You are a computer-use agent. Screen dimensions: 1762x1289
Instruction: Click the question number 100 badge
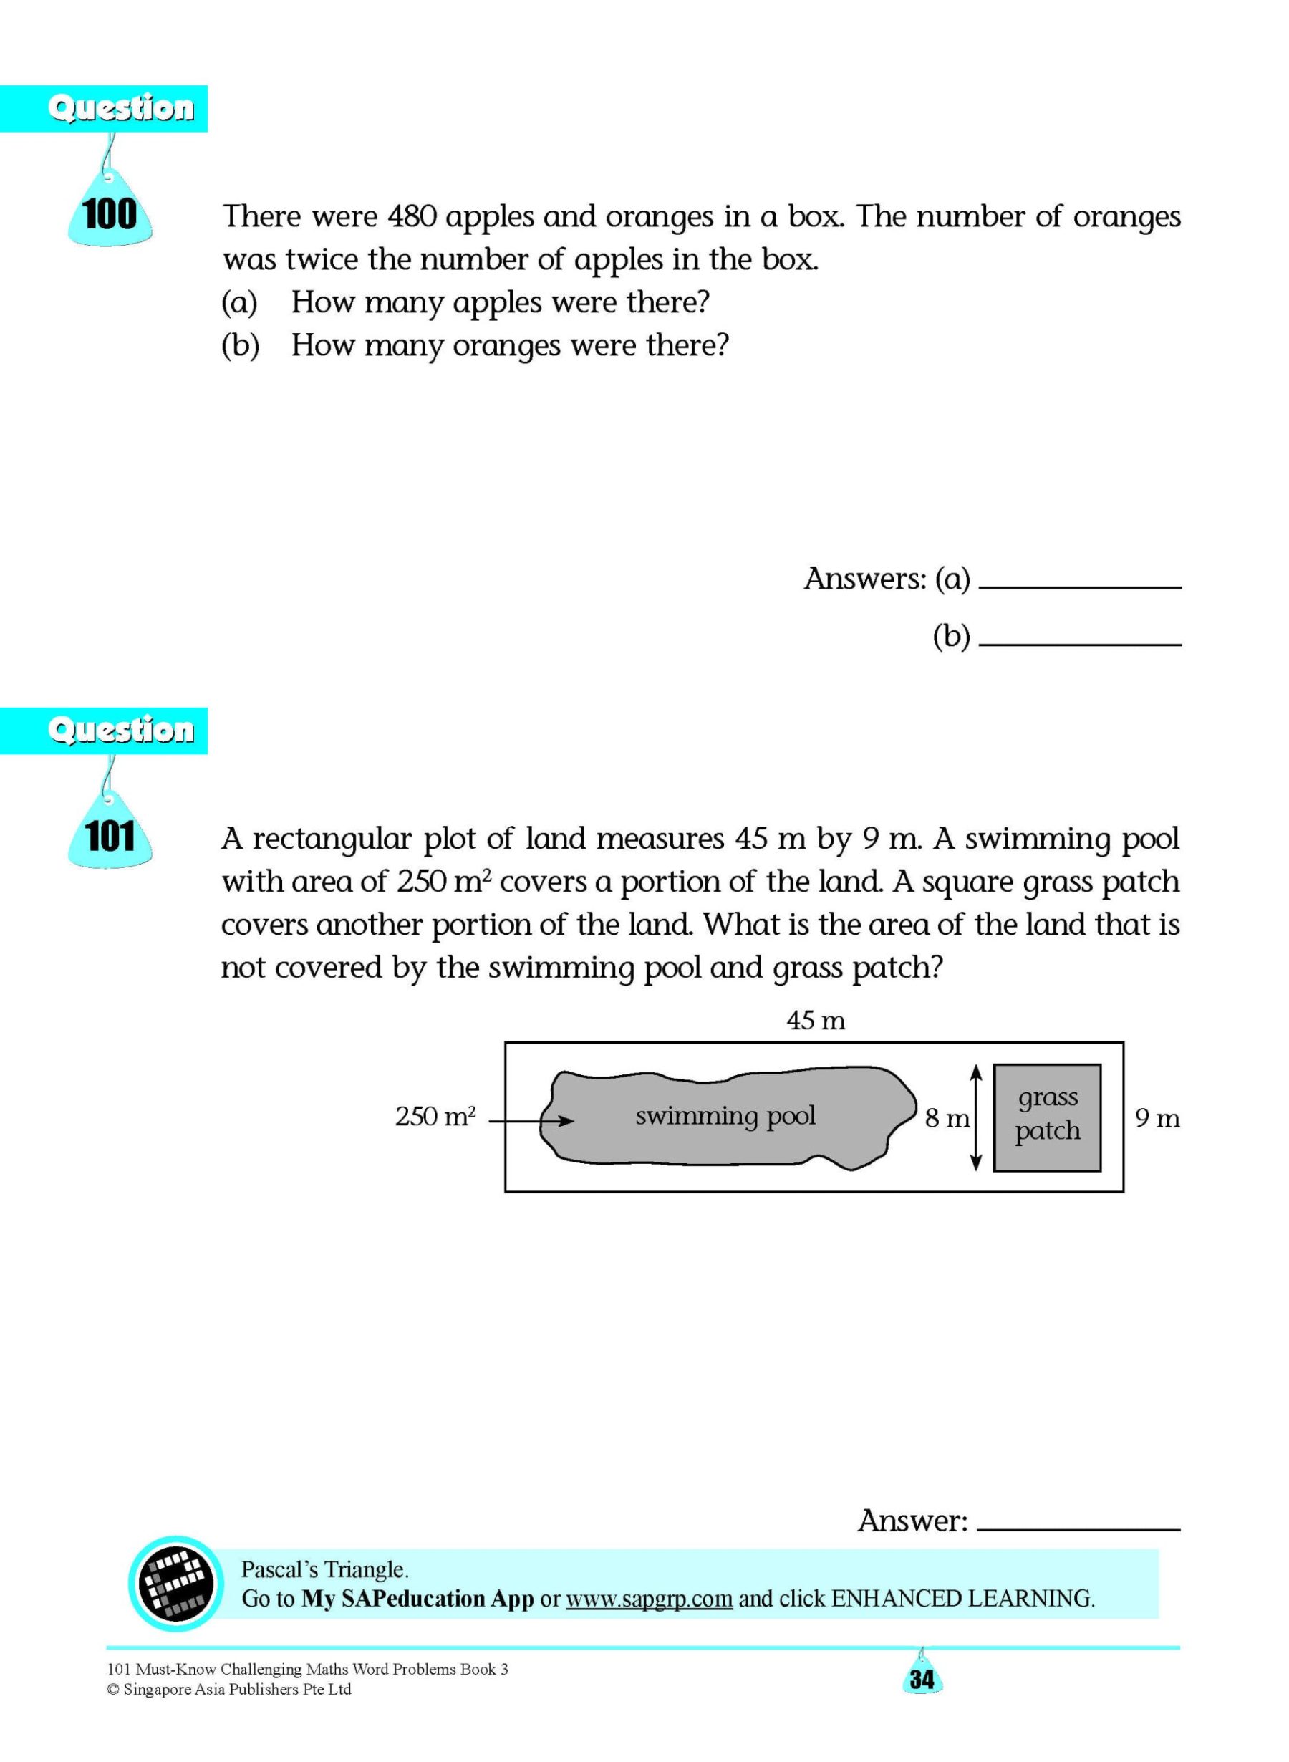[x=110, y=215]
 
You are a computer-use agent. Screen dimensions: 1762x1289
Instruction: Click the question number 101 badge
[x=110, y=837]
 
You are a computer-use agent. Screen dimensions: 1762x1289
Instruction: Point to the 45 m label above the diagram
[x=816, y=1021]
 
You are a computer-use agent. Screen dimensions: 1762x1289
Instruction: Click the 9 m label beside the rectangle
[x=1157, y=1120]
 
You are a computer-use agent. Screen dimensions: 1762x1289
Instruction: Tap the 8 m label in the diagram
[x=947, y=1120]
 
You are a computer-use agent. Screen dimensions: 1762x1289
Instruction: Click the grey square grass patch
[x=1047, y=1117]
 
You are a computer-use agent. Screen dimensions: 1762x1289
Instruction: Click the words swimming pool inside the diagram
[x=725, y=1116]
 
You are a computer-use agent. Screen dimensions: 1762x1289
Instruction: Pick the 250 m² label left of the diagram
[x=435, y=1117]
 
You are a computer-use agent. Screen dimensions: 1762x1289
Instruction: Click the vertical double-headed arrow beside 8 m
[x=975, y=1118]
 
